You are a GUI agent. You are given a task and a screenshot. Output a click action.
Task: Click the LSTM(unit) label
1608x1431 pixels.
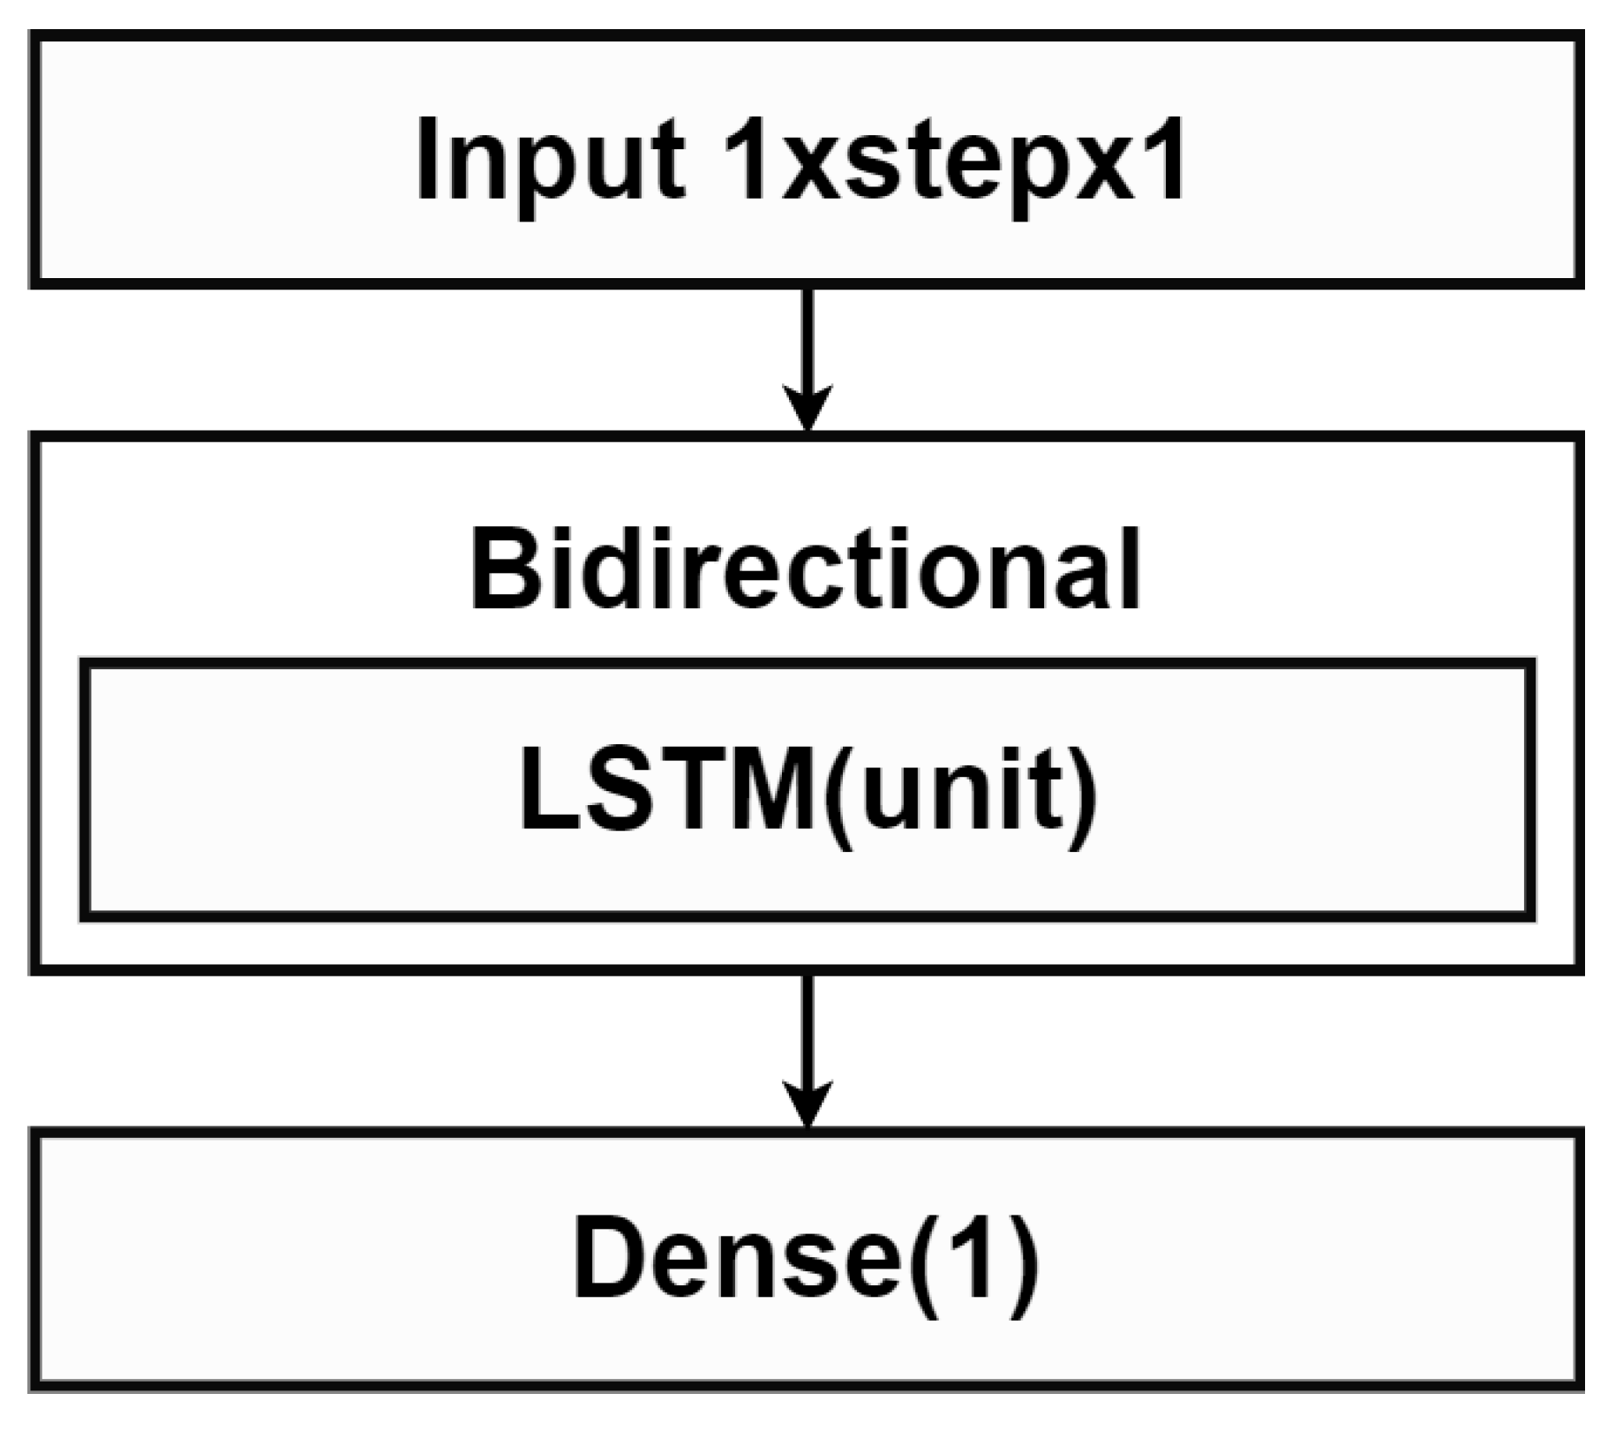[807, 788]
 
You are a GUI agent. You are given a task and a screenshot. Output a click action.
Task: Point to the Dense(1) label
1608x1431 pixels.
[805, 1257]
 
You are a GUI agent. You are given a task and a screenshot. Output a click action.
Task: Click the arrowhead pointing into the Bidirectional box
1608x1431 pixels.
[808, 407]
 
